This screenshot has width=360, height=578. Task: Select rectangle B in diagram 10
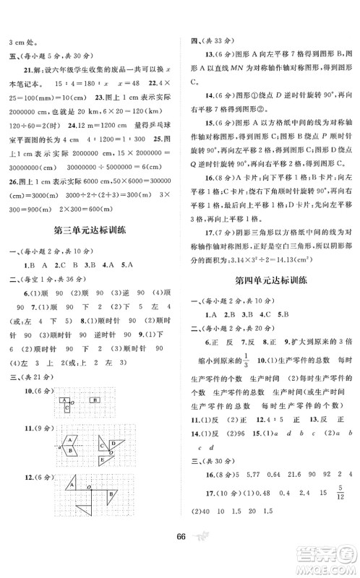tap(95, 400)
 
